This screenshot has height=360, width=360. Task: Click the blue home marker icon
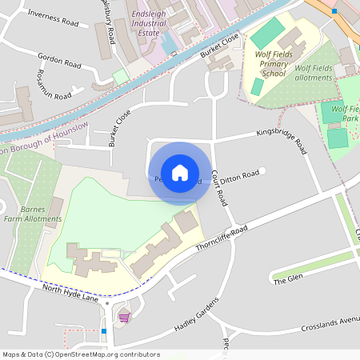click(180, 173)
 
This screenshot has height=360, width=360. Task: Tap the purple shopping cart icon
click(123, 317)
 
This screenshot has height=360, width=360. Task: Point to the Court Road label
click(219, 188)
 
